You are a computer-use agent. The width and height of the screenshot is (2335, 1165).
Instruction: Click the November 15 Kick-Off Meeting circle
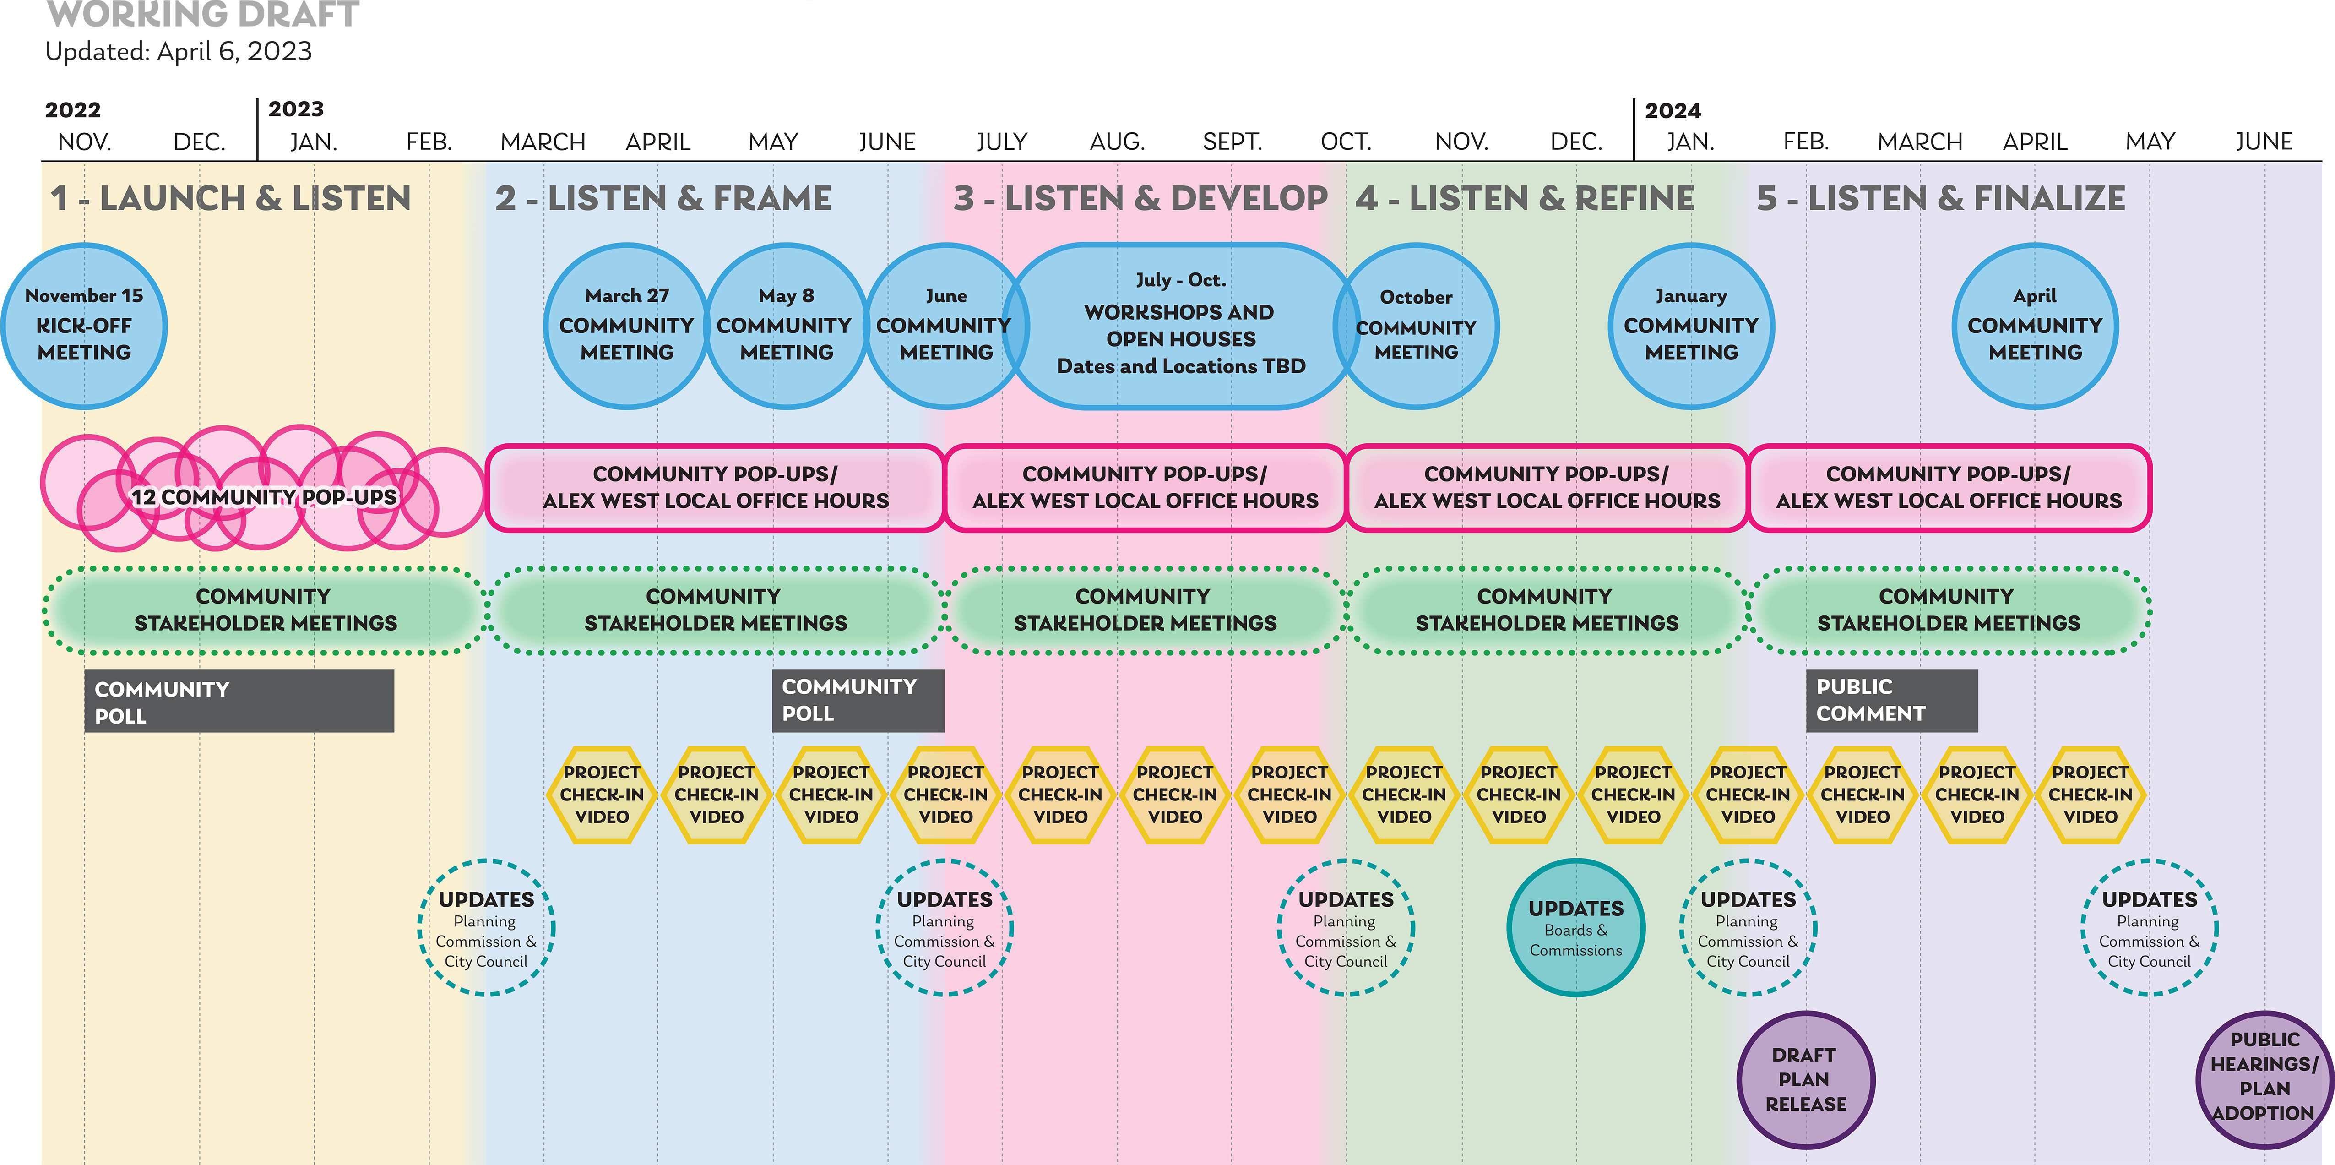(x=84, y=326)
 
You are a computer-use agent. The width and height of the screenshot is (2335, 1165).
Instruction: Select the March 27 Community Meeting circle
(x=626, y=326)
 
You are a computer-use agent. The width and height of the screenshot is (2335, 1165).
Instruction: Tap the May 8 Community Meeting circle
(x=786, y=326)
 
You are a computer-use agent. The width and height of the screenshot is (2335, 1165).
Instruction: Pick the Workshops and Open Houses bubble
(x=1180, y=326)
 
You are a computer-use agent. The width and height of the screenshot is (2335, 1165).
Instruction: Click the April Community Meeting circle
(x=2035, y=326)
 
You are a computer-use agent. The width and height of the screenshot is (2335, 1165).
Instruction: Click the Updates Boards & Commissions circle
(x=1575, y=927)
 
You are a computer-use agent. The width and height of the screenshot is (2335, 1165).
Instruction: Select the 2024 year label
(x=1673, y=111)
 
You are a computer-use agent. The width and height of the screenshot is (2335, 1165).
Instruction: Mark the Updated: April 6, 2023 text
(x=179, y=52)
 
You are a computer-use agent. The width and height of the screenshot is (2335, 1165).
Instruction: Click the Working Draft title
(x=203, y=15)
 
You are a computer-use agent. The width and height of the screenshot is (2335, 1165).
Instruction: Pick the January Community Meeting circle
(x=1690, y=326)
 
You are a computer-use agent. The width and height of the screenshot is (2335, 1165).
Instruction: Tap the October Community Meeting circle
(x=1416, y=326)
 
